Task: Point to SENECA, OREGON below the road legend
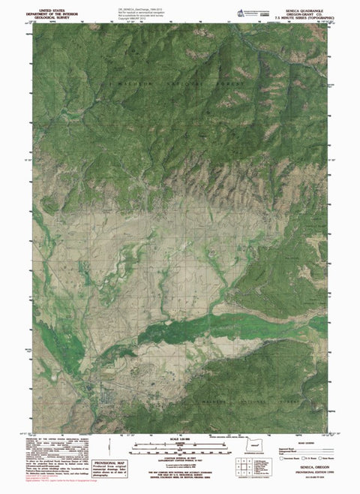click(x=309, y=468)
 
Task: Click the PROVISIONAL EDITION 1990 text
click(x=308, y=474)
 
